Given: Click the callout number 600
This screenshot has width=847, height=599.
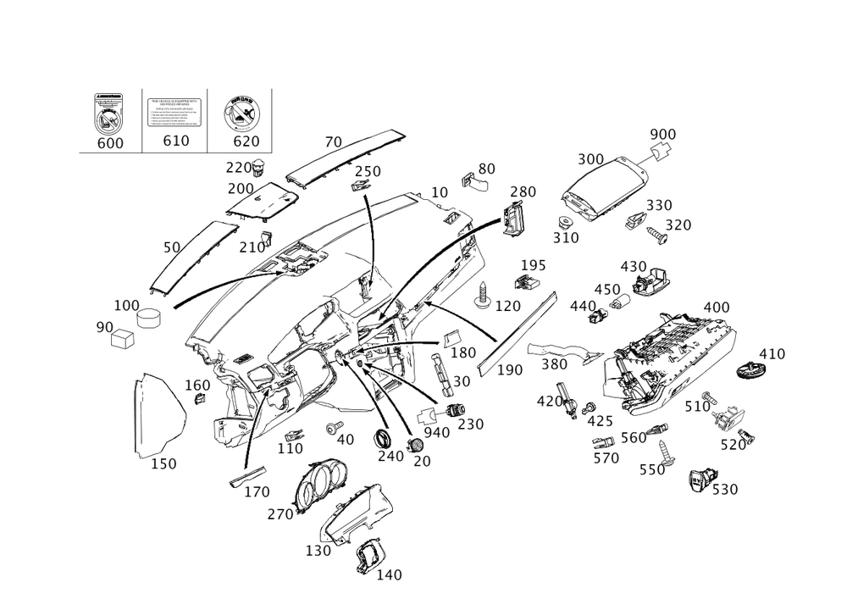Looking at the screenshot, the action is click(x=110, y=142).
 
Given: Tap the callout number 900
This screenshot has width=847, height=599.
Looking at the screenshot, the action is click(x=663, y=135).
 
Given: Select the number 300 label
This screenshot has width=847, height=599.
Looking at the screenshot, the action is click(x=590, y=159).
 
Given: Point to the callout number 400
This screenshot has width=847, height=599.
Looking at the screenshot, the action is click(x=717, y=306).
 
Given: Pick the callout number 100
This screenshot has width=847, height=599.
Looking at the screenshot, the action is click(x=127, y=304).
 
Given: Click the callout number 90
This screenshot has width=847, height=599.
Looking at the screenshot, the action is click(x=104, y=326).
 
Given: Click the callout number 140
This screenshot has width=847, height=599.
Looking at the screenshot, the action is click(x=390, y=574).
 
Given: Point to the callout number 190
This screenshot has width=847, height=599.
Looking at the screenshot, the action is click(x=512, y=370).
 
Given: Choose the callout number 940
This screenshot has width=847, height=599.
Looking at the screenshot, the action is click(x=435, y=432).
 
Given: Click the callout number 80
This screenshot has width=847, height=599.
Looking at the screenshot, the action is click(x=486, y=169).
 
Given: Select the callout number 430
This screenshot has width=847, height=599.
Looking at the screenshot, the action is click(x=633, y=266).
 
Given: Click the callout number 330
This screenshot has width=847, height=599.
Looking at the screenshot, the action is click(x=660, y=206).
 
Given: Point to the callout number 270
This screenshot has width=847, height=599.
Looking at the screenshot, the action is click(x=280, y=514).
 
